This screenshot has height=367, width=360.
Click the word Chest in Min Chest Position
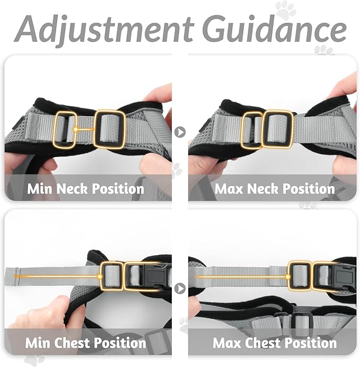tap(74, 342)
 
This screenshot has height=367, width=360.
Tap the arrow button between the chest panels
tap(180, 289)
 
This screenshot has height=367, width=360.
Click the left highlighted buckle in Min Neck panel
tap(65, 129)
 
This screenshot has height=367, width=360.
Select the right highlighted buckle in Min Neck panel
tap(109, 129)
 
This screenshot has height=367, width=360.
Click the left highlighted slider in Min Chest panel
tap(111, 275)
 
